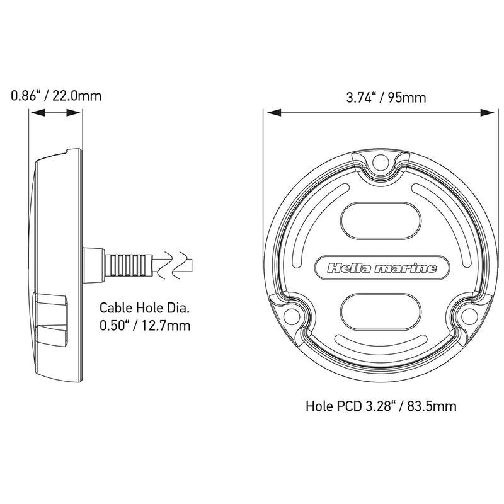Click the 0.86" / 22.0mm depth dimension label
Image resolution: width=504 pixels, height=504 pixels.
tap(56, 96)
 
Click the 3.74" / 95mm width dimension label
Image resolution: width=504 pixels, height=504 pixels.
tap(386, 98)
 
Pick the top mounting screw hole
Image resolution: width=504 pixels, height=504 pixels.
tap(381, 164)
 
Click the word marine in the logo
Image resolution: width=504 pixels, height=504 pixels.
tap(406, 269)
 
